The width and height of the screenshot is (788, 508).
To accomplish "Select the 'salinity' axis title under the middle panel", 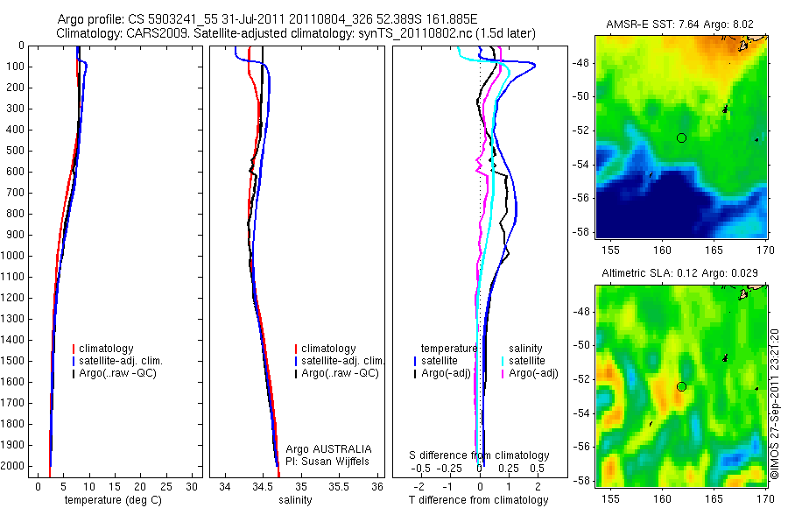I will (294, 500).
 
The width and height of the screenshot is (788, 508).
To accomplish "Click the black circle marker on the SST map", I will (682, 138).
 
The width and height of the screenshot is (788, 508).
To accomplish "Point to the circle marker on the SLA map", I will (682, 386).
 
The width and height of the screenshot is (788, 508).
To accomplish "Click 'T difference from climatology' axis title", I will (478, 500).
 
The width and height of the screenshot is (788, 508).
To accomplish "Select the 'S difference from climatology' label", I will (480, 455).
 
